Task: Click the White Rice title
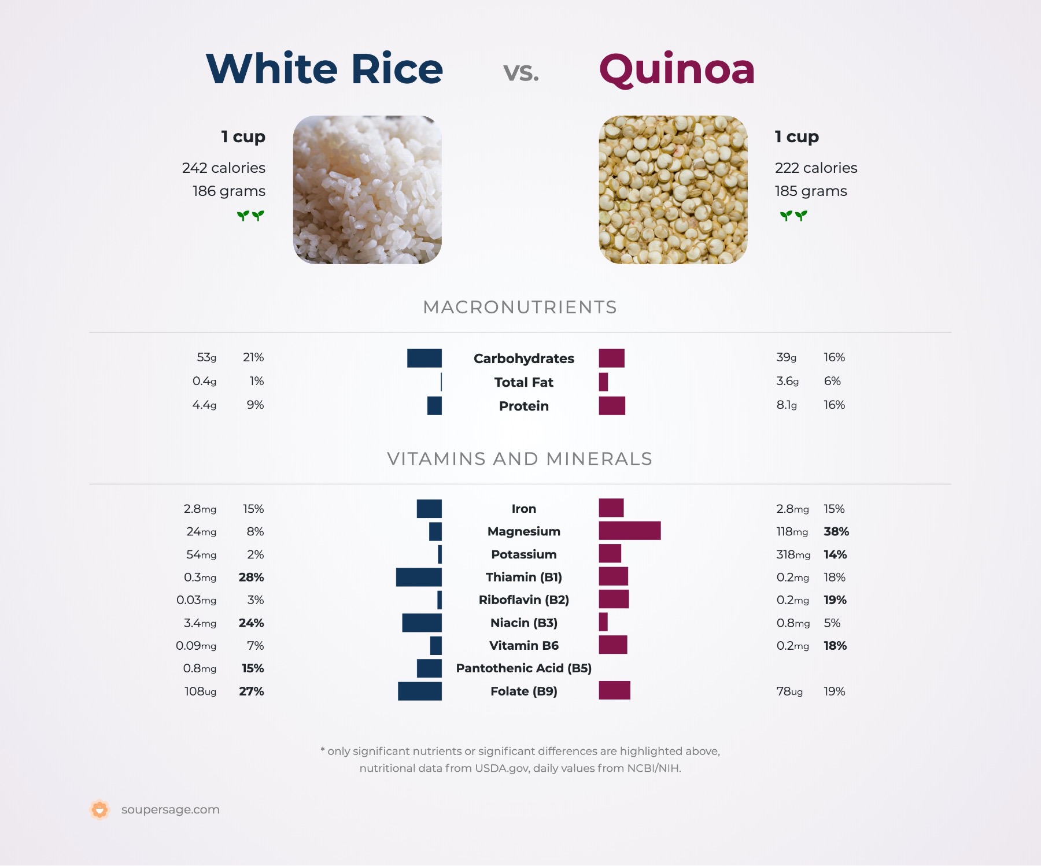(324, 69)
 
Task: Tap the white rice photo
(367, 190)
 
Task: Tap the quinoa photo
(673, 190)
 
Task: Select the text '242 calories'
(224, 168)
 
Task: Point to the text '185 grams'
(811, 191)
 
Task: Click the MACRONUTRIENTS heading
(520, 307)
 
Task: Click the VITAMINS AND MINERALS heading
(520, 458)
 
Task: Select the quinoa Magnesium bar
(630, 531)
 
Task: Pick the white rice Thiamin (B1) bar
(419, 577)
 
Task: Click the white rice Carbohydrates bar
(424, 358)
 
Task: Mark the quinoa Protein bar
(612, 406)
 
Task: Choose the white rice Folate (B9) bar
(420, 691)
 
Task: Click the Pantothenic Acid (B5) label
(524, 668)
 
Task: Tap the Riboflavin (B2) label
(524, 600)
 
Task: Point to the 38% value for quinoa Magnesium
(836, 531)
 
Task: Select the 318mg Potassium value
(793, 554)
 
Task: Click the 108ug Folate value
(201, 691)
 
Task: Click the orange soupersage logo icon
(99, 810)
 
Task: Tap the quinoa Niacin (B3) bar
(603, 622)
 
